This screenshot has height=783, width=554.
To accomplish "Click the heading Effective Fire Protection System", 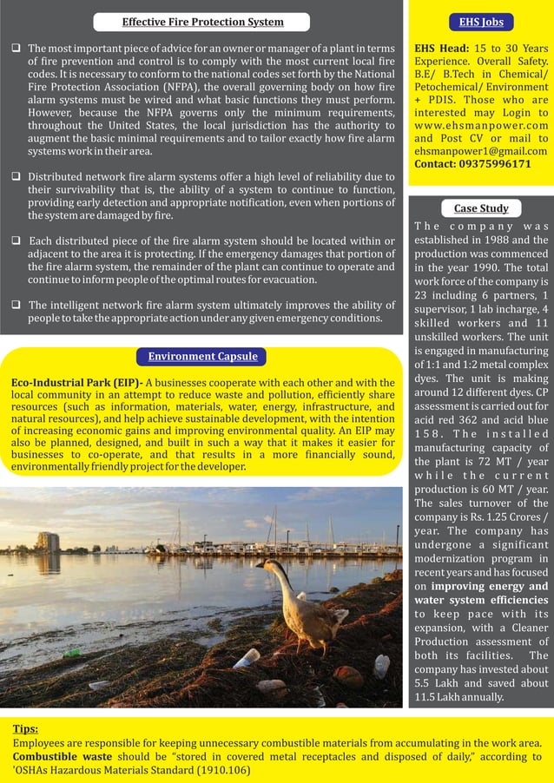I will pos(202,22).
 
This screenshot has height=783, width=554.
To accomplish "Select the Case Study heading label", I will pos(481,207).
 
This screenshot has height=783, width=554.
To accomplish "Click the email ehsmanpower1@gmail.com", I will pos(481,150).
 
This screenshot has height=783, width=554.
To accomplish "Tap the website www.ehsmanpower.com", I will pos(481,125).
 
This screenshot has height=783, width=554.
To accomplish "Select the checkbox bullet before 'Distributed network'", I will pos(16,176).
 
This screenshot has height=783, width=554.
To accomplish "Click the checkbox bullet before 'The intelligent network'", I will pos(16,305).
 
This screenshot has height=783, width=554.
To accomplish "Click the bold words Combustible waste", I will pos(62,756).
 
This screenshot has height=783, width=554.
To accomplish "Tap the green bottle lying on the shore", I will pos(73,653).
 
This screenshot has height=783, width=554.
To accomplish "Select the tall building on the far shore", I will pos(48,542).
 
